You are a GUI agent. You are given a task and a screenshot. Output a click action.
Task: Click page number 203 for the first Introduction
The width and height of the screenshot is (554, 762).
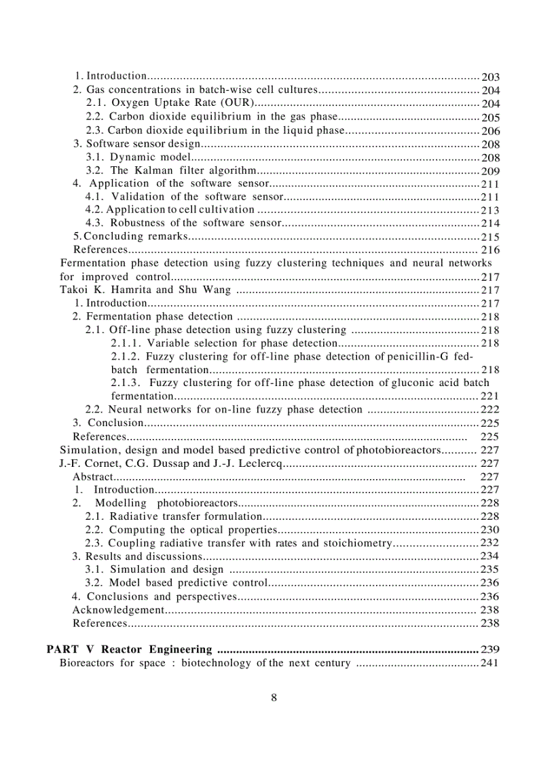coord(490,77)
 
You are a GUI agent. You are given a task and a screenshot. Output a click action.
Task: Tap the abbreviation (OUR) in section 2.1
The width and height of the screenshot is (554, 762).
coord(241,103)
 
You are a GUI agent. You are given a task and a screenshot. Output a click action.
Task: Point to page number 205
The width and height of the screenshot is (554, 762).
coord(490,117)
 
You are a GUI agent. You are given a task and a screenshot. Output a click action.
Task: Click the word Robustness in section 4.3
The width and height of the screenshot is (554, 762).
coord(139,223)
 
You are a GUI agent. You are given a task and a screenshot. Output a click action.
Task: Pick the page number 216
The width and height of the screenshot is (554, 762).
coord(490,250)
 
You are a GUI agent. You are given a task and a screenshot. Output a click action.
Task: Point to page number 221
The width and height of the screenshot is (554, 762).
coord(490,396)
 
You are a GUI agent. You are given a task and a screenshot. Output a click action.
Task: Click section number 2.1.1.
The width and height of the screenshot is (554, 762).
coord(126,343)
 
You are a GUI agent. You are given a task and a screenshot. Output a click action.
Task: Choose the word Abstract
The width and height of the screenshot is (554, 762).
coord(94,476)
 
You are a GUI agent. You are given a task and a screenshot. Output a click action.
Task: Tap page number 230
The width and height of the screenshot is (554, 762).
coord(490,529)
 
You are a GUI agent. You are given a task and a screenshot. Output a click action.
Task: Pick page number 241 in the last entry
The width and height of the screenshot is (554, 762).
coord(490,663)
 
